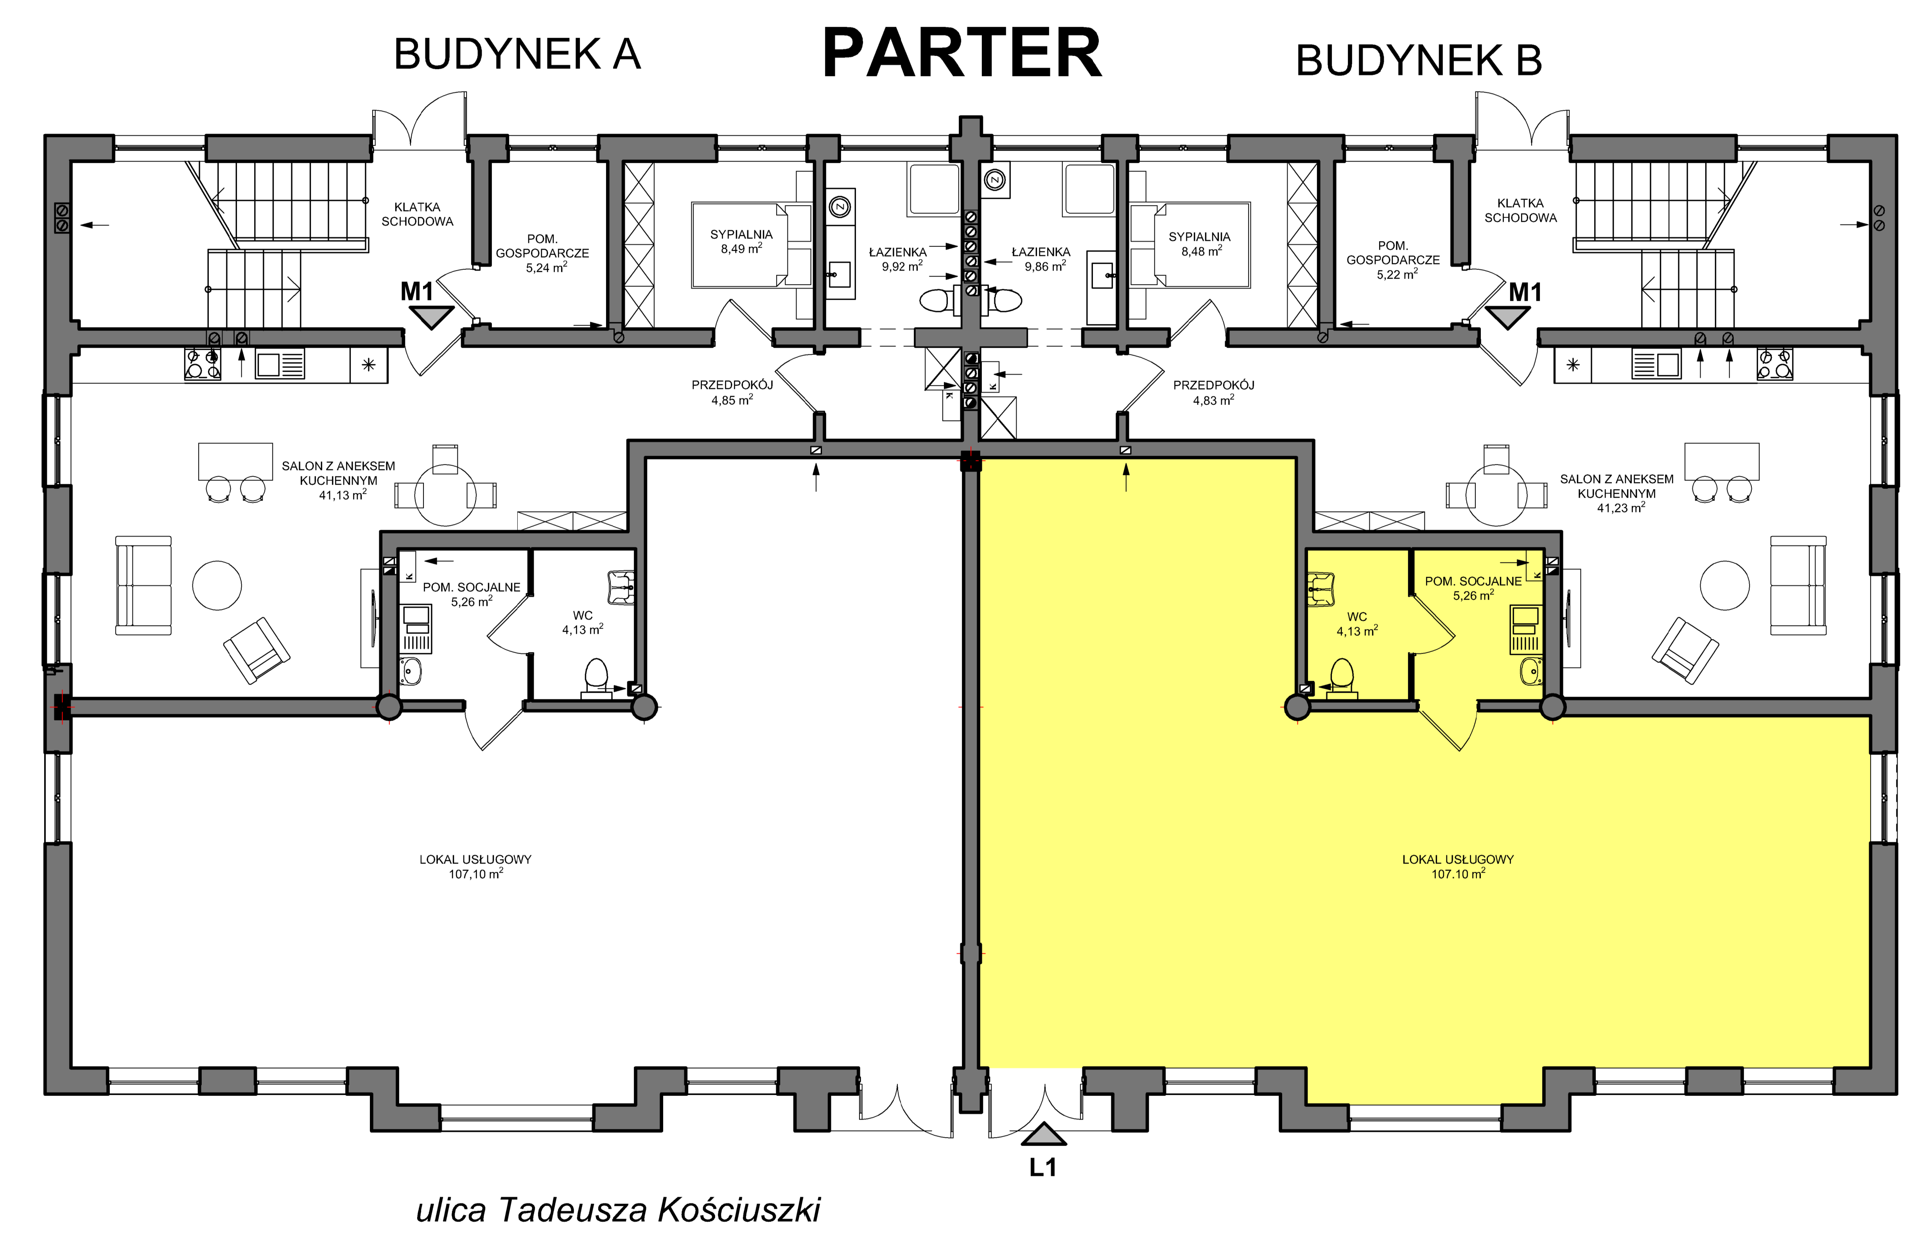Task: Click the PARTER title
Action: coord(962,54)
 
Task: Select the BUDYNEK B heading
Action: coord(1419,60)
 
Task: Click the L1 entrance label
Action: coord(1043,1167)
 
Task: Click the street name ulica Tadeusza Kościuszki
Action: coord(618,1211)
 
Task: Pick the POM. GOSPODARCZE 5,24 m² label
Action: coord(542,253)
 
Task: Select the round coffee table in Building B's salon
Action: coord(1724,585)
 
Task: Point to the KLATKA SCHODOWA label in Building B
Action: coord(1521,210)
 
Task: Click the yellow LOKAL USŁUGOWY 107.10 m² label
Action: coord(1457,866)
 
